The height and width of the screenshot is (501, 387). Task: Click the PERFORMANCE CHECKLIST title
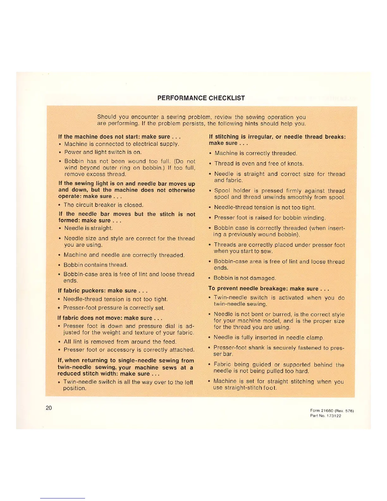click(201, 98)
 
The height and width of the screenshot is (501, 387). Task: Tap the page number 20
click(49, 408)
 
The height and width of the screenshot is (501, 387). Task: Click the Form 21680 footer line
click(332, 411)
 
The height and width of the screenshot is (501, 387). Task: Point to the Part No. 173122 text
click(326, 416)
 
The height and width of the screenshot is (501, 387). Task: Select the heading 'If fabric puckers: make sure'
click(102, 291)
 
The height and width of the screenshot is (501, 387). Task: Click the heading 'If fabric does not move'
click(110, 318)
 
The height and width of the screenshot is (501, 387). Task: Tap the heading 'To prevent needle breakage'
click(269, 288)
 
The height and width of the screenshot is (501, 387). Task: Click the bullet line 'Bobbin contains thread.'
click(96, 265)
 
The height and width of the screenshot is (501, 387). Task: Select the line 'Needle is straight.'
click(89, 228)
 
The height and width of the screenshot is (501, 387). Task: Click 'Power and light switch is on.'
click(103, 152)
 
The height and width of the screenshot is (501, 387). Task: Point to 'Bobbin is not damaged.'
click(245, 278)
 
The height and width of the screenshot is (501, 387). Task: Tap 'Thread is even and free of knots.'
click(259, 164)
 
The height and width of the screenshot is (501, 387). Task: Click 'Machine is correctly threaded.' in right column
click(256, 153)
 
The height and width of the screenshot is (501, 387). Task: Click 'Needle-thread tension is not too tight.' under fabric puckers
click(115, 299)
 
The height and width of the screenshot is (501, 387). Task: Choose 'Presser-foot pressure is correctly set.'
click(114, 308)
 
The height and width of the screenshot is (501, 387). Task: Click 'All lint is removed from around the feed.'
click(120, 342)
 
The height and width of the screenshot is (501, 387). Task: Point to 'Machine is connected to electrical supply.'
click(122, 144)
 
